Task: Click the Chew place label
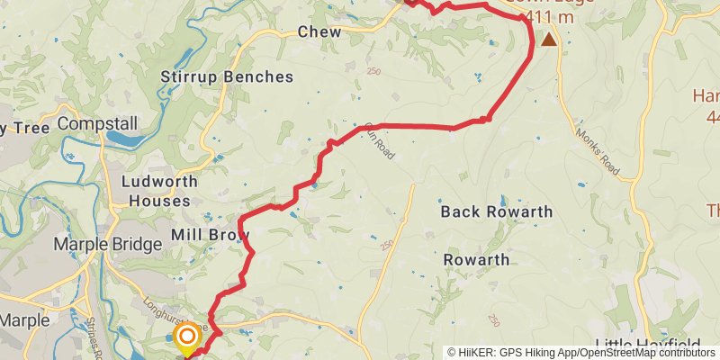pyautogui.click(x=319, y=31)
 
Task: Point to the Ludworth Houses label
pyautogui.click(x=157, y=190)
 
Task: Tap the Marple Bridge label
pyautogui.click(x=103, y=244)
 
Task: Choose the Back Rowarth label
pyautogui.click(x=496, y=212)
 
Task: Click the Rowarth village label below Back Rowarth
pyautogui.click(x=477, y=260)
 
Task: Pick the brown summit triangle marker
pyautogui.click(x=548, y=40)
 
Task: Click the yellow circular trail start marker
pyautogui.click(x=187, y=337)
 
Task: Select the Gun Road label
pyautogui.click(x=380, y=141)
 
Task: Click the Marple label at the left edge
pyautogui.click(x=18, y=319)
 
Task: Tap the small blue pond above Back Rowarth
pyautogui.click(x=501, y=199)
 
